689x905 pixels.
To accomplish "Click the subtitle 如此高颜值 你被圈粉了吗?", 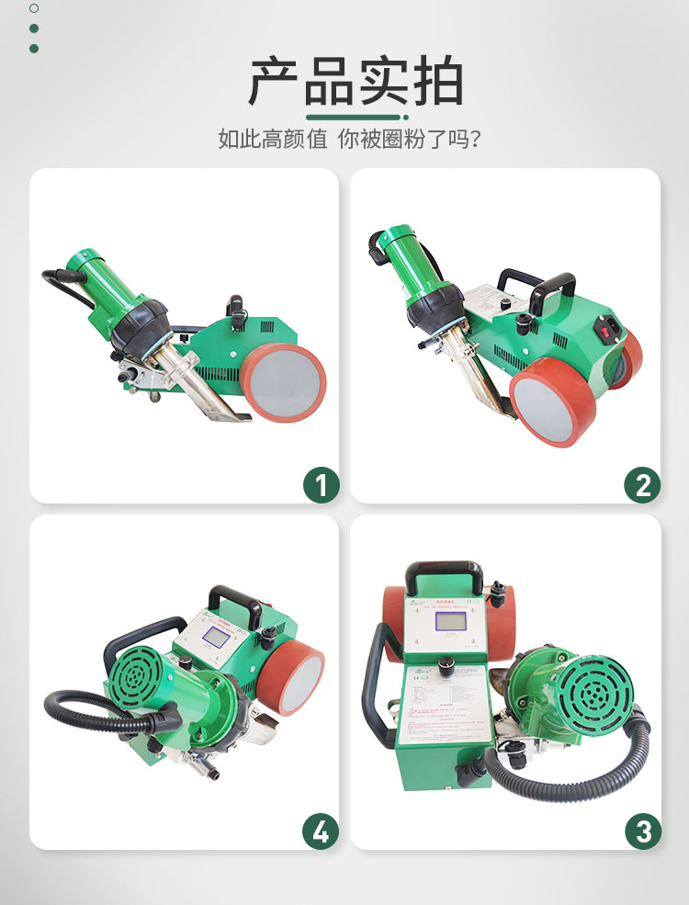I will click(x=350, y=140).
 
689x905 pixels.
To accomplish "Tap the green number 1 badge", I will click(x=321, y=484).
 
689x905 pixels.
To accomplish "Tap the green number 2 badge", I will click(x=641, y=484).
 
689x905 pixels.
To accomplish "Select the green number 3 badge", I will click(x=642, y=831).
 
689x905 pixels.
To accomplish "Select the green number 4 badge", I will click(x=321, y=831).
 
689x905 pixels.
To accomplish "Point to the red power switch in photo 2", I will click(x=606, y=325).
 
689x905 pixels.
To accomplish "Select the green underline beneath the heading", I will click(x=356, y=118).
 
